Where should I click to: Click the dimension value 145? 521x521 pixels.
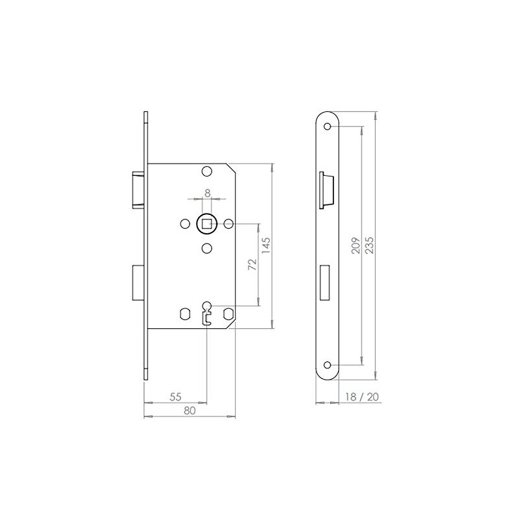(267, 244)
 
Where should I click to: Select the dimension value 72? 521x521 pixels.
(253, 265)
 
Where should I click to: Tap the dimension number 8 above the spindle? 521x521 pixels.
(206, 192)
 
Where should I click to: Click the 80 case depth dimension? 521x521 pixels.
(189, 410)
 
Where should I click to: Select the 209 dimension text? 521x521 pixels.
(355, 244)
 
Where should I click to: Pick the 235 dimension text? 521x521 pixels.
(370, 244)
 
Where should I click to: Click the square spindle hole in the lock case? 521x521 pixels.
(206, 224)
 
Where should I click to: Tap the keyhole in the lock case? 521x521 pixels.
(206, 311)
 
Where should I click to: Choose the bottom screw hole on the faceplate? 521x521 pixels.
(328, 365)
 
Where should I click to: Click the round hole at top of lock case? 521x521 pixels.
(206, 171)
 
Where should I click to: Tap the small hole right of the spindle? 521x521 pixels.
(228, 224)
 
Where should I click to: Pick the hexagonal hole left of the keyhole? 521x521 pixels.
(185, 314)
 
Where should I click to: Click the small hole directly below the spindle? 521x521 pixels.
(206, 247)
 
